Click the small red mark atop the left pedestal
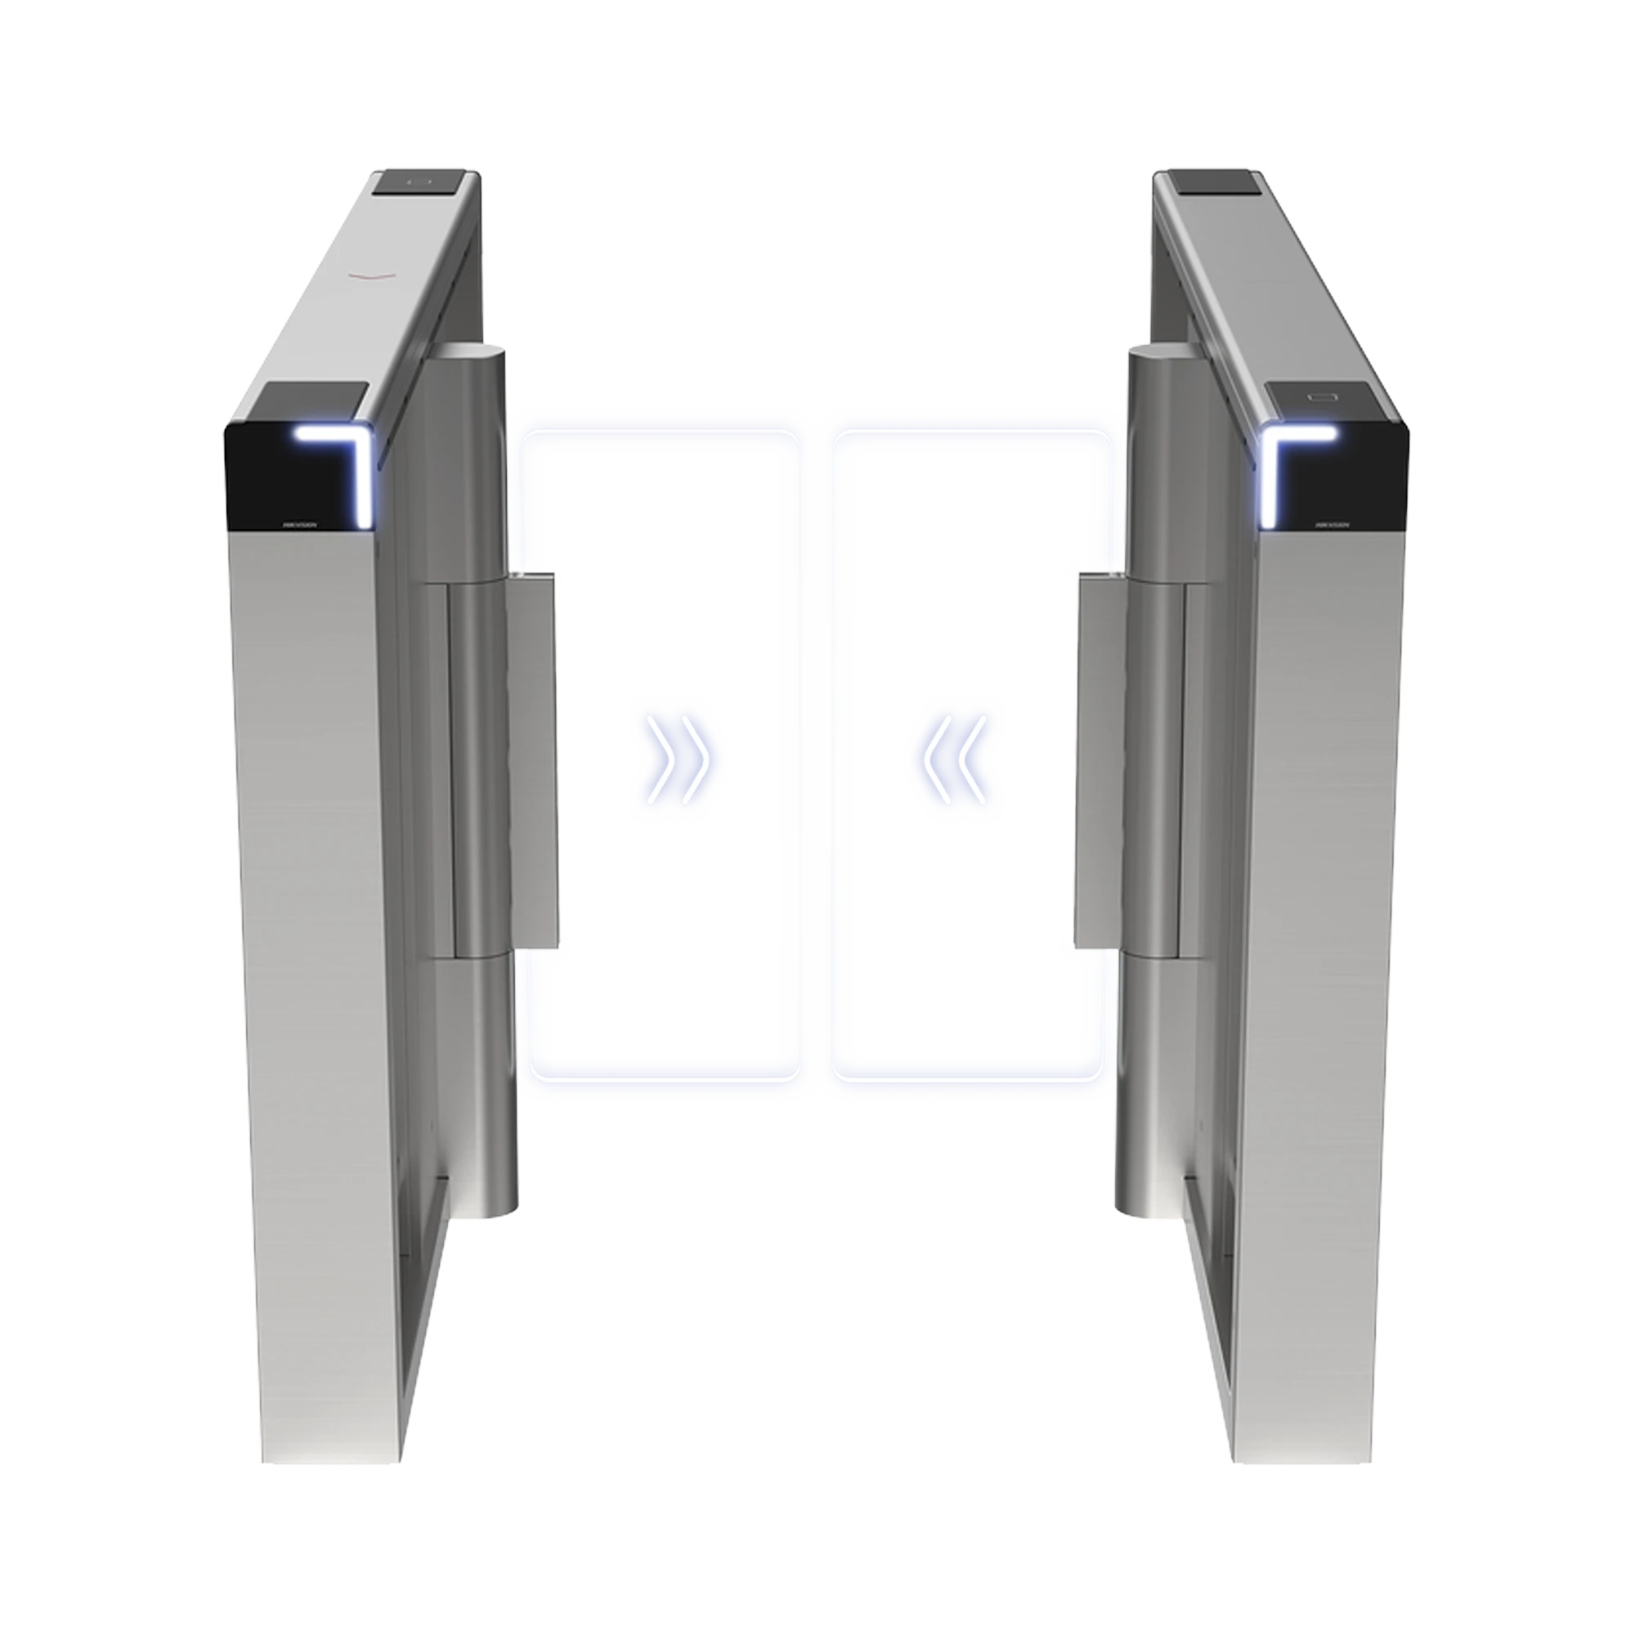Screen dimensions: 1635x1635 pyautogui.click(x=372, y=272)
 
